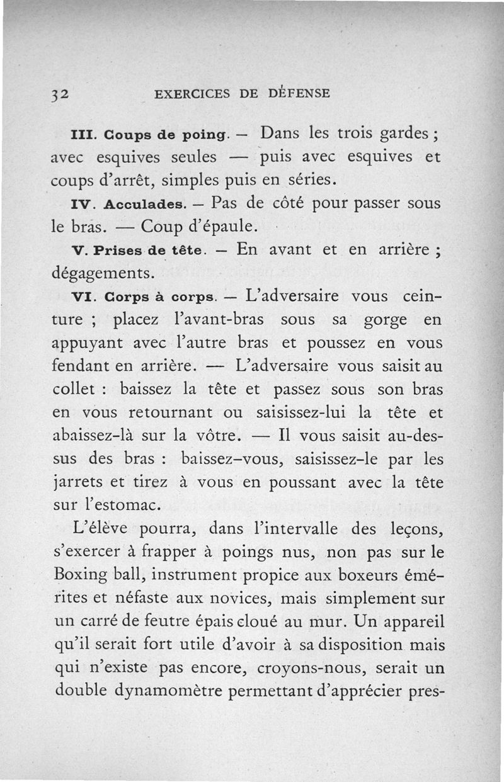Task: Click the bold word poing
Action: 202,135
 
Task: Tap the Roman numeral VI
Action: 83,297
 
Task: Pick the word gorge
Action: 385,319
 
